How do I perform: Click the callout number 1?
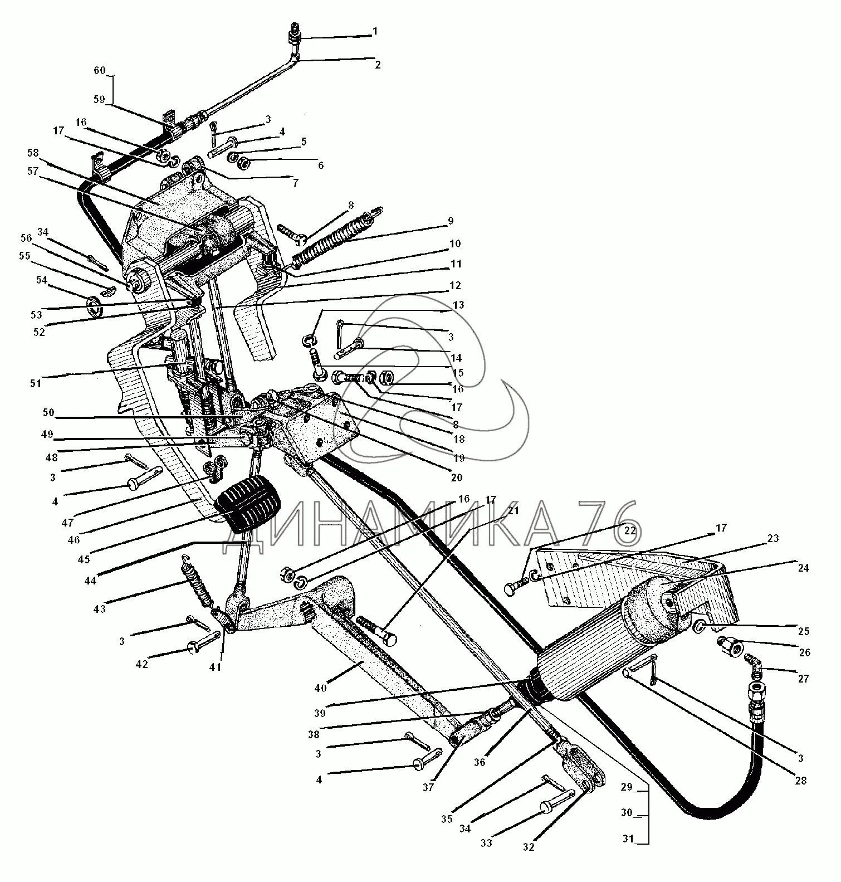(375, 32)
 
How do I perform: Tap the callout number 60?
(99, 71)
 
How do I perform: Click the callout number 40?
(320, 688)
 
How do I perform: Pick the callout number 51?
(36, 383)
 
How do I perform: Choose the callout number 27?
(803, 679)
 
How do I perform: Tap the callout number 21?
(513, 511)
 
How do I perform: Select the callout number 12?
(455, 286)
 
